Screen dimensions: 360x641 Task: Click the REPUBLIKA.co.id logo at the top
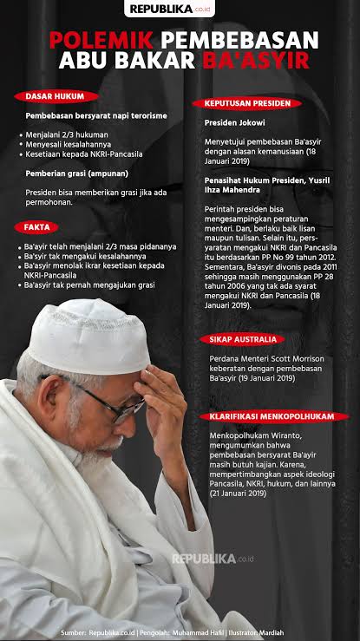(x=180, y=10)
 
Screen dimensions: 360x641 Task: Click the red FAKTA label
(x=36, y=227)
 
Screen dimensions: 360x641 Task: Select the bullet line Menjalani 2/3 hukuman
(x=64, y=134)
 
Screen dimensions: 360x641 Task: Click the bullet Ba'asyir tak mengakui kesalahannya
(x=78, y=257)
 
